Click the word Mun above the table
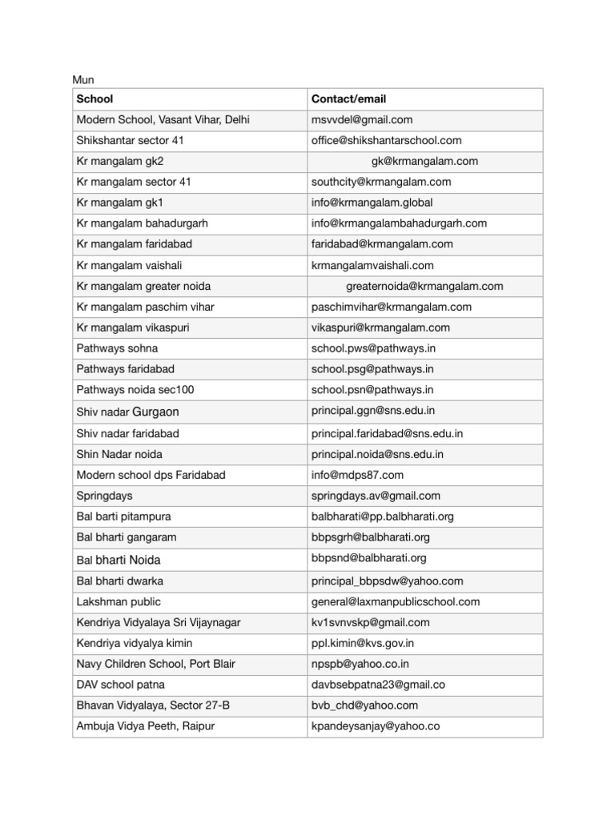83,80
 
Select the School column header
94,99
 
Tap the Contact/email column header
348,99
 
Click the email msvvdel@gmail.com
362,120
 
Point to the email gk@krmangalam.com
424,162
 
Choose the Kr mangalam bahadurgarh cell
143,224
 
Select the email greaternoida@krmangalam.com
424,287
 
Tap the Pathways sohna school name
117,349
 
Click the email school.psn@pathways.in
372,391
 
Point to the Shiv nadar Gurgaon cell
127,412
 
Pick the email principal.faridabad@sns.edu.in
387,434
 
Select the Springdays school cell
105,496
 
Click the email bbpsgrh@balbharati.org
371,538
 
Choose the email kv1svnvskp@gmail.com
371,623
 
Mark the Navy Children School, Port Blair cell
155,665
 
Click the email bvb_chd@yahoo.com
364,706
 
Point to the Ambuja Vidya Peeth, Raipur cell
145,727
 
